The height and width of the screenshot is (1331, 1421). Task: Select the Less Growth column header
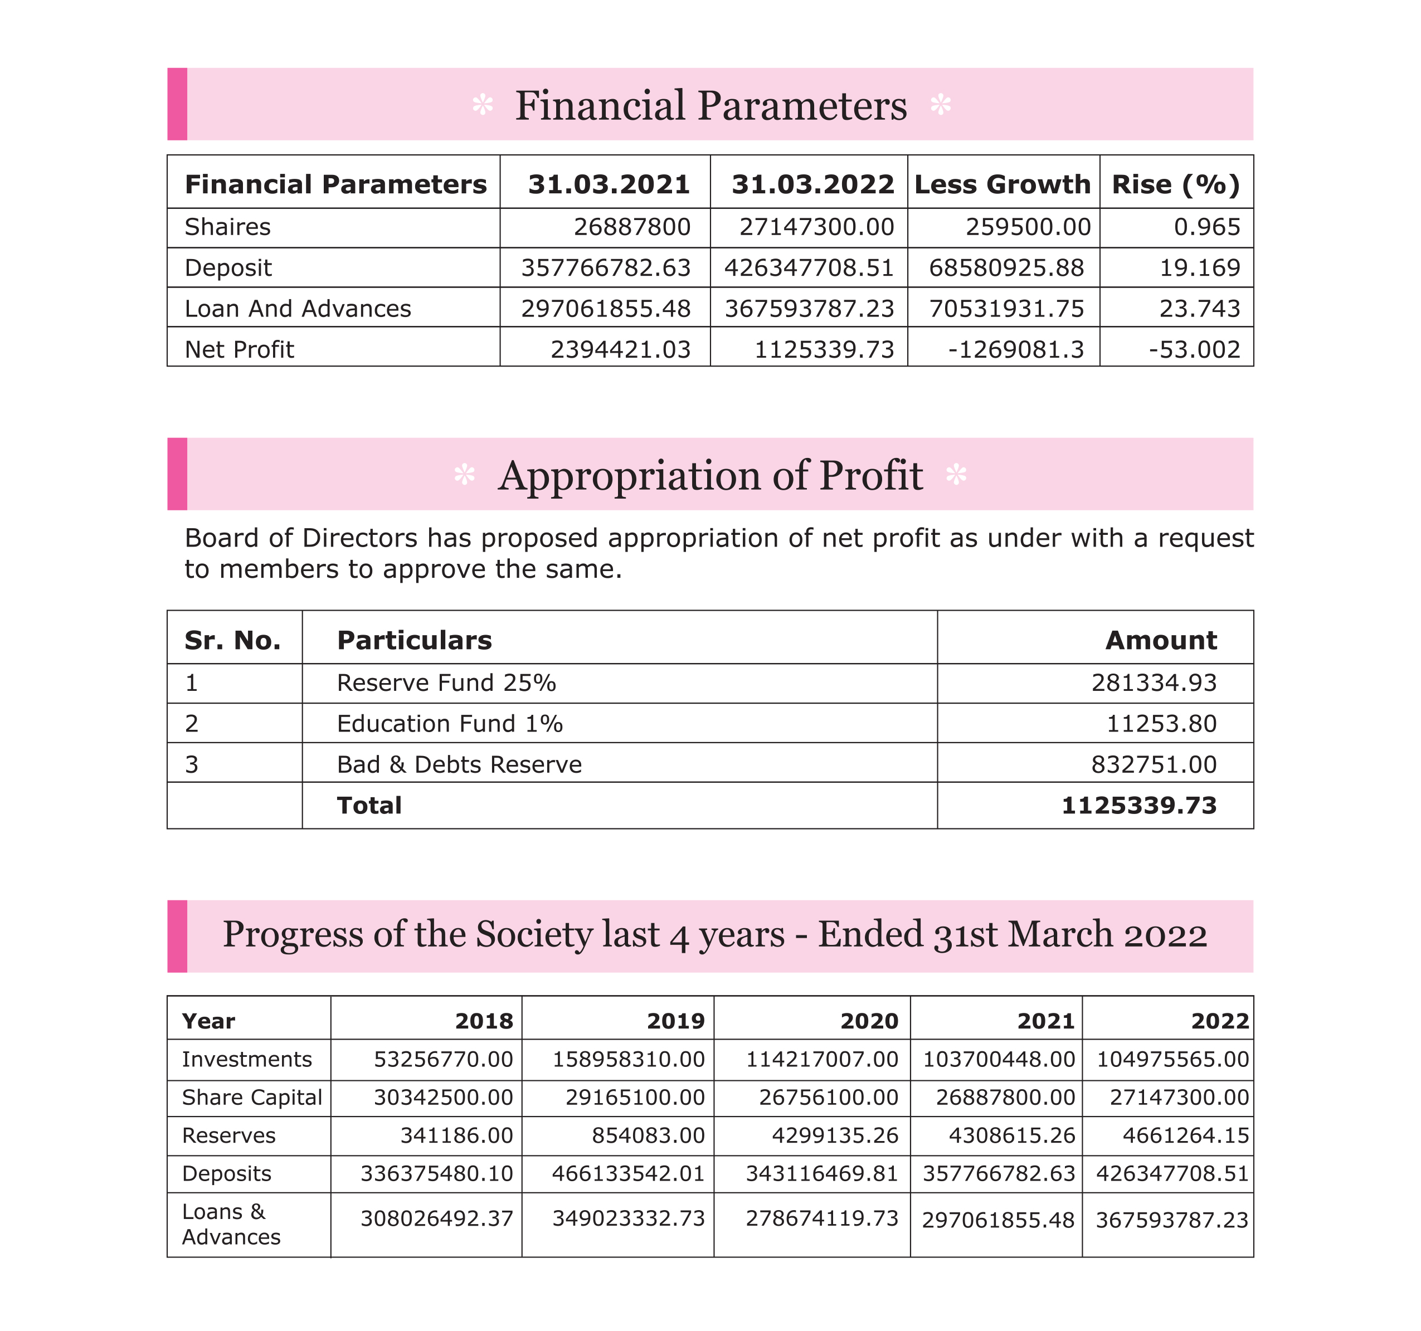(1002, 184)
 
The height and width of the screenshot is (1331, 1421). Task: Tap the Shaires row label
(227, 227)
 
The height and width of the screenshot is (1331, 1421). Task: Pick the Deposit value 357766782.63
(605, 268)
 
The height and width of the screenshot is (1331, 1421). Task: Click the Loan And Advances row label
(298, 309)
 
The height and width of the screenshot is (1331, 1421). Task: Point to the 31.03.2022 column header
(812, 184)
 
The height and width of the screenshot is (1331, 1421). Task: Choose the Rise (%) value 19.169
(1199, 268)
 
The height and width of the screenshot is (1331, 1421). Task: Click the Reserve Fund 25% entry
(446, 684)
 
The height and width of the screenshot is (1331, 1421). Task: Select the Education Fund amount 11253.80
(1161, 724)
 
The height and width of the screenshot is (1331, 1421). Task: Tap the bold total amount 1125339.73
(1138, 806)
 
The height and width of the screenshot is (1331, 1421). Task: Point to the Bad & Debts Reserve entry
(459, 765)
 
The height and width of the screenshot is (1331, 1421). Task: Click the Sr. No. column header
(232, 641)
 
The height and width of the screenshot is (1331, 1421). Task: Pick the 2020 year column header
(869, 1021)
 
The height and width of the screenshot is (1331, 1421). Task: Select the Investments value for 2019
(628, 1059)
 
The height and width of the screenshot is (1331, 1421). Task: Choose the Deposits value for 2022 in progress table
(1172, 1174)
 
